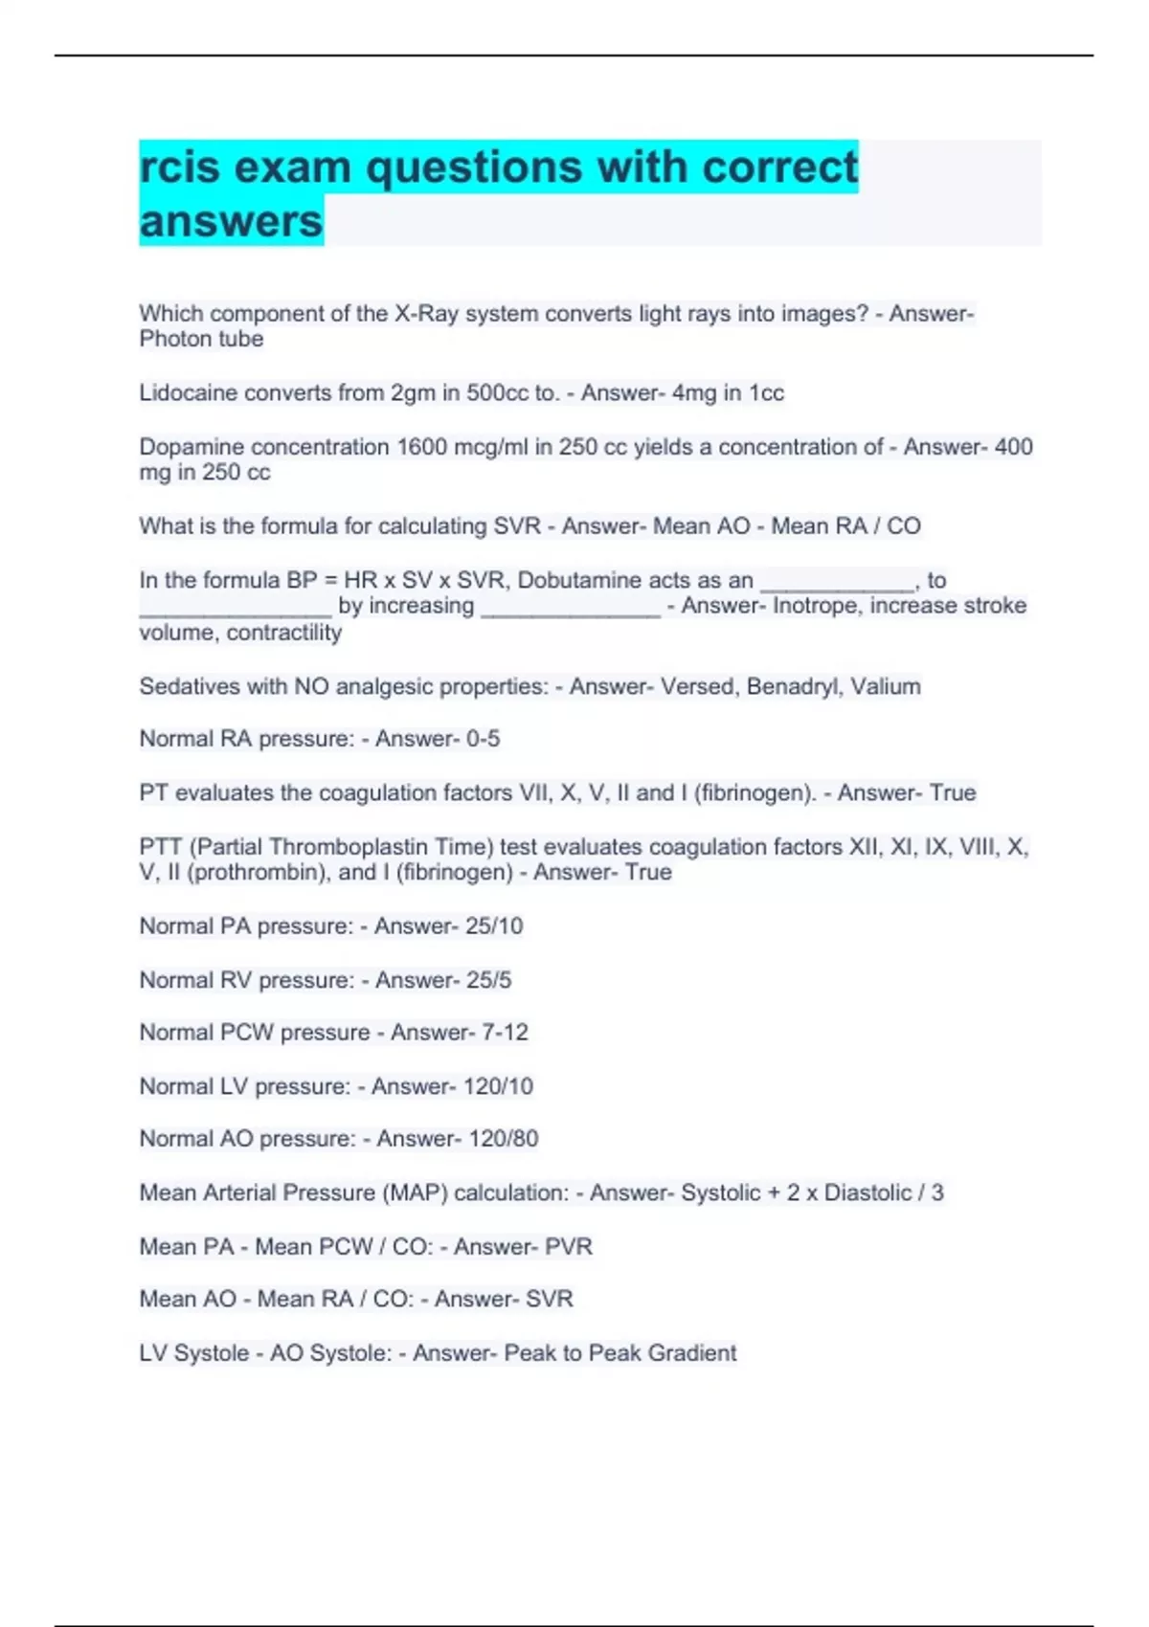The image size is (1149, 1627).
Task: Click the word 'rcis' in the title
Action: [179, 167]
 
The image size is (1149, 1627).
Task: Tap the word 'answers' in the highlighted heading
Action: [231, 221]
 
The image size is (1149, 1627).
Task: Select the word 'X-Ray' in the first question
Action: [426, 314]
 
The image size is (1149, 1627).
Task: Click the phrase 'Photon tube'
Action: [201, 339]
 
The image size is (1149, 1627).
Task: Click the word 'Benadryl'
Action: [792, 686]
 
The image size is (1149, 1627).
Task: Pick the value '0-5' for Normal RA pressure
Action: [483, 739]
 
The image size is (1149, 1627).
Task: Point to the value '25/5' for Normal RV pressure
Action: [488, 980]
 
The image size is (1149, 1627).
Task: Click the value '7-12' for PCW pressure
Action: [505, 1033]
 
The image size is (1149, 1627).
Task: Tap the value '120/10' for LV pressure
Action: [498, 1086]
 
